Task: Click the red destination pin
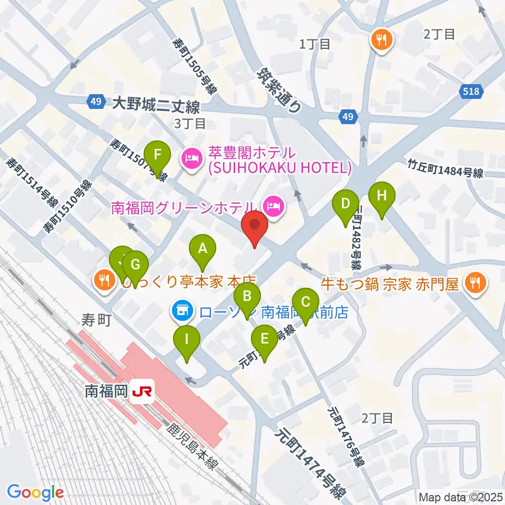255,227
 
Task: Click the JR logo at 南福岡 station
143,391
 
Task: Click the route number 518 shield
471,92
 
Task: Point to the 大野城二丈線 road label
156,107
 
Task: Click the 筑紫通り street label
279,89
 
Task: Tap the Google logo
35,492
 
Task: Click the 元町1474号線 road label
312,461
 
